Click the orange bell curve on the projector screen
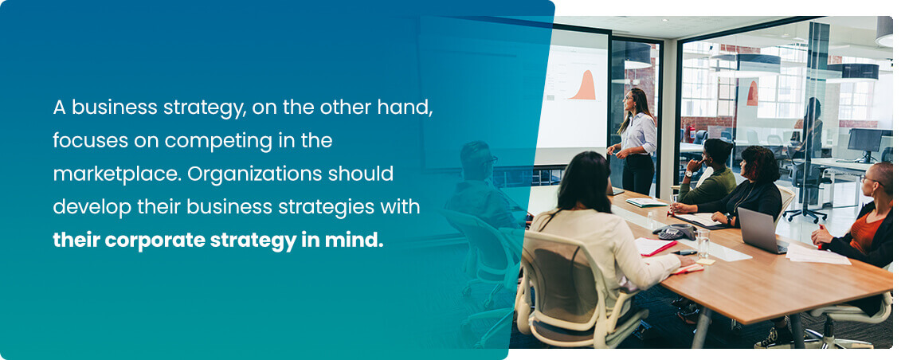[x=586, y=85]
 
